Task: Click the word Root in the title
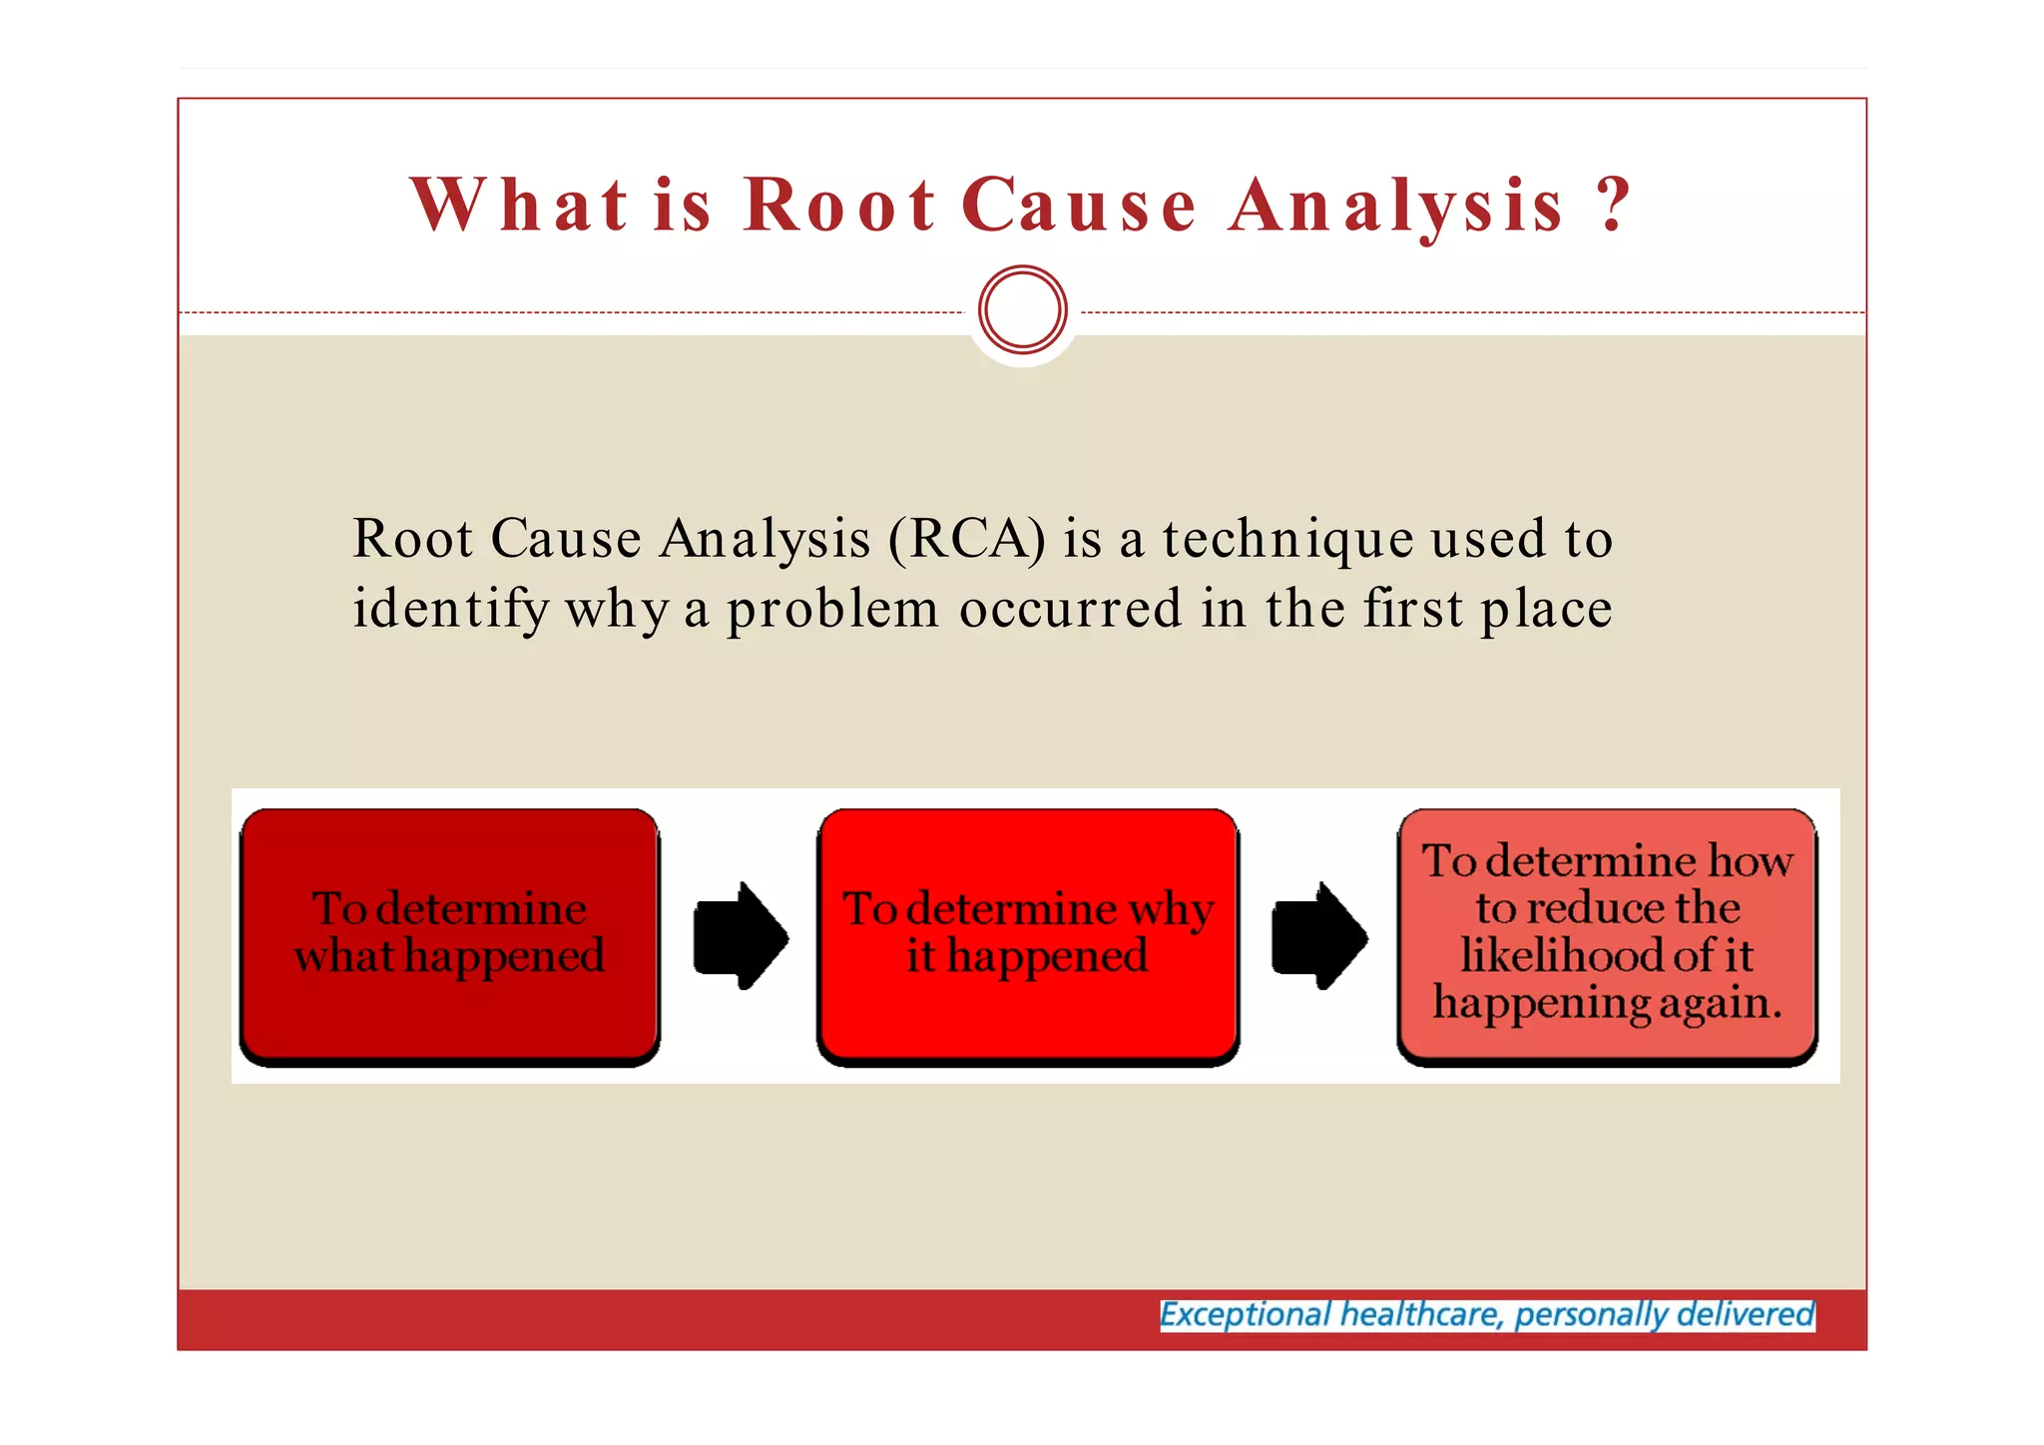coord(838,206)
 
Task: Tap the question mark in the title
coord(1612,206)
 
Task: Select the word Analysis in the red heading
coord(1395,206)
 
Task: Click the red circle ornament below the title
coord(1023,309)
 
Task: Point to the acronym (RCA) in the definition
coord(967,539)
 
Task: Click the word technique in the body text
coord(1287,539)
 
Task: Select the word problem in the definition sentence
coord(832,610)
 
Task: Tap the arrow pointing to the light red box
coord(1318,936)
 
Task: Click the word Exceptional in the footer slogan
coord(1245,1315)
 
